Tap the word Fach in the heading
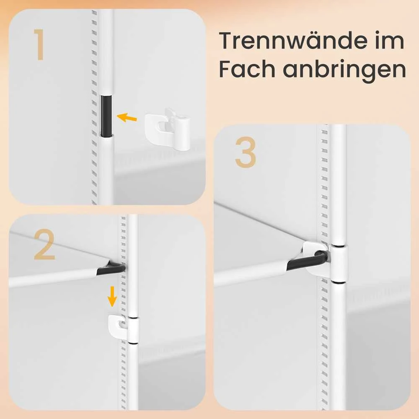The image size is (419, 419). coord(247,69)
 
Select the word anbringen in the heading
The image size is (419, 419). coord(344,71)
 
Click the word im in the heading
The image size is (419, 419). coord(390,41)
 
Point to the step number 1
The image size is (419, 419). coord(39,44)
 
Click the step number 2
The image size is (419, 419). coord(44,244)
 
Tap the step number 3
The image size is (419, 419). coord(245,153)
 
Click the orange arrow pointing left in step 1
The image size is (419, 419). coord(127,118)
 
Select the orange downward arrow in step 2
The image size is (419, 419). coord(112,296)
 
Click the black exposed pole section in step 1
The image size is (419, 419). coord(106,116)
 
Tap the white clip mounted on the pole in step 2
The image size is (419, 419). coord(123,329)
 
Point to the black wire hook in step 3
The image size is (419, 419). coord(308,260)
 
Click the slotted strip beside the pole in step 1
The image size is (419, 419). coord(94,107)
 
